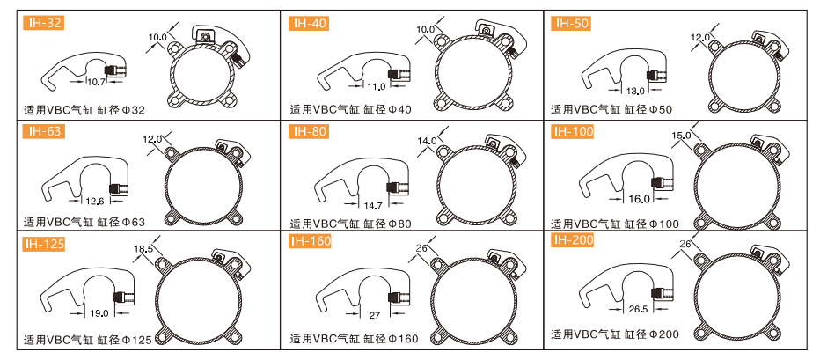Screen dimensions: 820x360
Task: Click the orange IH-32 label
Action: tap(43, 23)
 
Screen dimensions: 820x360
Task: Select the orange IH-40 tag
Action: tap(309, 23)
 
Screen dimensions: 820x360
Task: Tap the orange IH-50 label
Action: tap(570, 23)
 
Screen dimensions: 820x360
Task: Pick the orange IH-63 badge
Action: tap(43, 131)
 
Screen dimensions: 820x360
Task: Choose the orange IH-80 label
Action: tap(309, 131)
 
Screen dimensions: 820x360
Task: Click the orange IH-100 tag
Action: tap(573, 131)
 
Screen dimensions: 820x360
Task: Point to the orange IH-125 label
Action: tap(45, 244)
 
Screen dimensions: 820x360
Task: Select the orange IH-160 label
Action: tap(310, 241)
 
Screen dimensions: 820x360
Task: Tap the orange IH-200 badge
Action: tap(573, 240)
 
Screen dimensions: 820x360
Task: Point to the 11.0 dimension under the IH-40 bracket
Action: tap(376, 86)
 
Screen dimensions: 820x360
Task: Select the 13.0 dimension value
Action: tap(635, 91)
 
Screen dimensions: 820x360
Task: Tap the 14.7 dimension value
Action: tap(372, 204)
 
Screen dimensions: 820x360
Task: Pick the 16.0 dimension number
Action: tap(639, 198)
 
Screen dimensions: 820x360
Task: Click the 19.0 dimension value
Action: tap(99, 313)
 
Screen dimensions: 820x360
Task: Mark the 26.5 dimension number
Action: tap(638, 309)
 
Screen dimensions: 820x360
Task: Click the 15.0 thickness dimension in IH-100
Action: tap(681, 135)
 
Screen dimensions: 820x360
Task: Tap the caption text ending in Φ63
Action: tap(84, 222)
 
